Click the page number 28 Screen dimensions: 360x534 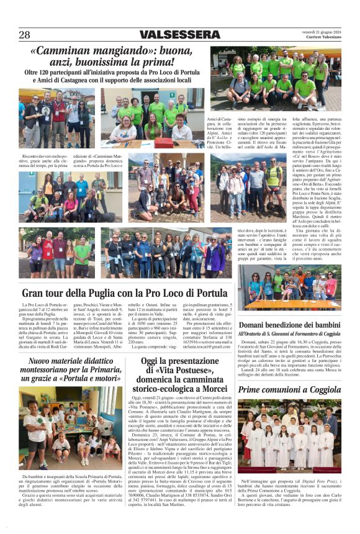tap(24, 35)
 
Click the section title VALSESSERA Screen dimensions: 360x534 tap(179, 35)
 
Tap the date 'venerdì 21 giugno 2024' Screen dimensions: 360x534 tap(322, 31)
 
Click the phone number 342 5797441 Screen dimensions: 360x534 tap(157, 500)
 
